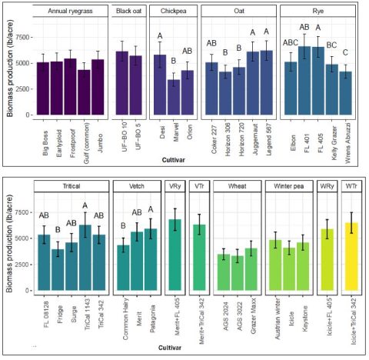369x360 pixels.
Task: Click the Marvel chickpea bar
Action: (x=174, y=97)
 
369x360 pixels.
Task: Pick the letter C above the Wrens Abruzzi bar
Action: (x=346, y=53)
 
